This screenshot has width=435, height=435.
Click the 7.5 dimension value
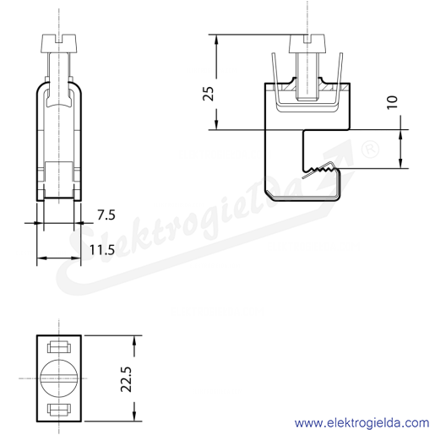point(106,215)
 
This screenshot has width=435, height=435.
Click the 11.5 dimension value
point(102,250)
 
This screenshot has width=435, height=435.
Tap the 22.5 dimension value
point(126,379)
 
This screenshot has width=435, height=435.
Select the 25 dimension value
point(209,94)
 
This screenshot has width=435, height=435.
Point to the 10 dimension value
point(392,102)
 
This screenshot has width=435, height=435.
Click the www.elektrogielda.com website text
point(362,423)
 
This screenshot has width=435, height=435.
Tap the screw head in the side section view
point(307,43)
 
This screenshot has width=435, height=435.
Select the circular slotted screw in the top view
point(59,378)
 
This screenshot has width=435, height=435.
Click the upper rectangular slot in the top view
point(59,347)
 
